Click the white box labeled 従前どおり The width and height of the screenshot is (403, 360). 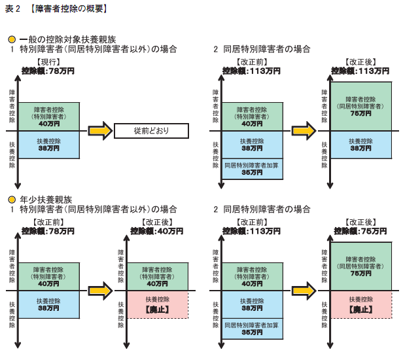pyautogui.click(x=151, y=130)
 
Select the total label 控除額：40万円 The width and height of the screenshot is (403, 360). pyautogui.click(x=156, y=231)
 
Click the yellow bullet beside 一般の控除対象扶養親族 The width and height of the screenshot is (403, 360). pyautogui.click(x=11, y=39)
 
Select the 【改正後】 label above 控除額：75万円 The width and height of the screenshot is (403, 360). pyautogui.click(x=360, y=223)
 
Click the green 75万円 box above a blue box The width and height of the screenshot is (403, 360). pyautogui.click(x=361, y=105)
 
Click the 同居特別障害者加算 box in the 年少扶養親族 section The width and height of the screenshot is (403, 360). pyautogui.click(x=252, y=329)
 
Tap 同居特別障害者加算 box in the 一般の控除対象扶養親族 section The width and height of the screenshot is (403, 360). pyautogui.click(x=252, y=170)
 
